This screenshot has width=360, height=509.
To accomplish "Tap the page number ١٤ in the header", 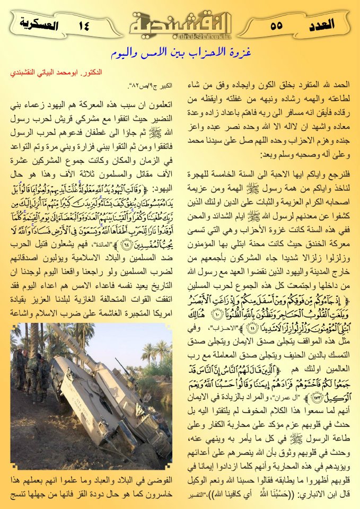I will pos(84,24).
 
